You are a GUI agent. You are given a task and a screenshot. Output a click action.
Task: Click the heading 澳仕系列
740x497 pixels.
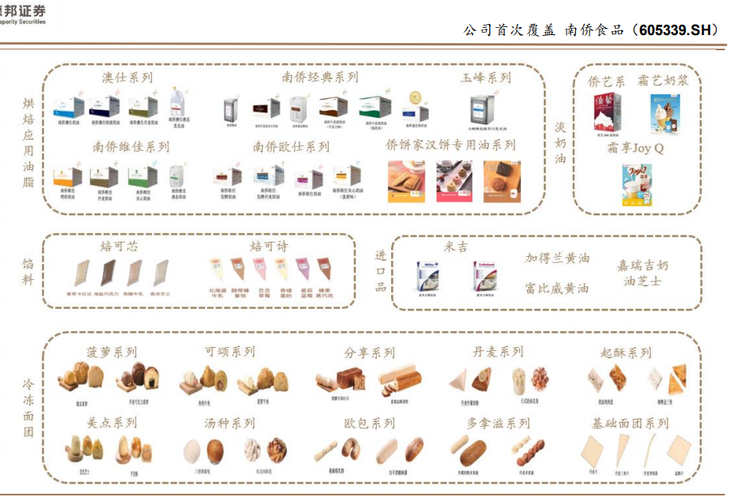coord(127,78)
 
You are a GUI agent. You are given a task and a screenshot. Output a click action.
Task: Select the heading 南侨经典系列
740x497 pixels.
coord(319,77)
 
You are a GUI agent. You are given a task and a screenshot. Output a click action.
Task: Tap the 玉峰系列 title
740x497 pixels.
coord(485,78)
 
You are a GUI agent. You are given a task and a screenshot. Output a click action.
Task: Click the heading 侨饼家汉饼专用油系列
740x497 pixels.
coord(450,146)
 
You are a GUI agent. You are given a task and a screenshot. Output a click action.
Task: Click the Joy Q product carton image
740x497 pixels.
coord(636,184)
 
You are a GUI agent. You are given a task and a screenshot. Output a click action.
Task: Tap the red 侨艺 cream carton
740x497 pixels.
coord(607,112)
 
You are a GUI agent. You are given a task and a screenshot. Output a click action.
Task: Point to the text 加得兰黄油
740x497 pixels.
coord(558,258)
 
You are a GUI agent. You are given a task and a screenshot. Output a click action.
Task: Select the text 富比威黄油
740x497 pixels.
coord(558,288)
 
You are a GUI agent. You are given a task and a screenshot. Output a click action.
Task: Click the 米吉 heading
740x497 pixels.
coord(456,247)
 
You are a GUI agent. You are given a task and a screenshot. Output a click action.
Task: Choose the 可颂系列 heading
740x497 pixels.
coord(229,353)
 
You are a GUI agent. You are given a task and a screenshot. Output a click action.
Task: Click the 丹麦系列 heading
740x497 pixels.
coord(498,353)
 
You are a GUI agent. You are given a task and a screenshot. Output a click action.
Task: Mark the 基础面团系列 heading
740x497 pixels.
coord(631,424)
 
